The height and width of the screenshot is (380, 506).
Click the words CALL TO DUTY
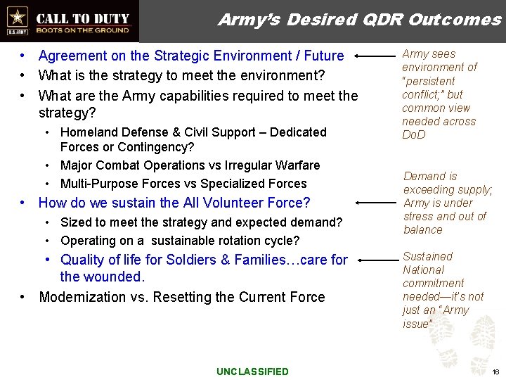pyautogui.click(x=83, y=18)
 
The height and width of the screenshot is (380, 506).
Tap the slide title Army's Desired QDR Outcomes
pyautogui.click(x=359, y=20)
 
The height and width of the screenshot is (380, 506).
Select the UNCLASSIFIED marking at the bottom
pyautogui.click(x=252, y=372)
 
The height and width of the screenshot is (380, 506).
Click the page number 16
pyautogui.click(x=495, y=372)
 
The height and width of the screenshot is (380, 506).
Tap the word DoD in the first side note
pyautogui.click(x=414, y=134)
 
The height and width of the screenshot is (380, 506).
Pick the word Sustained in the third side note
pyautogui.click(x=427, y=257)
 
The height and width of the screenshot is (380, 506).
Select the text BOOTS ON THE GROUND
pyautogui.click(x=83, y=30)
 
